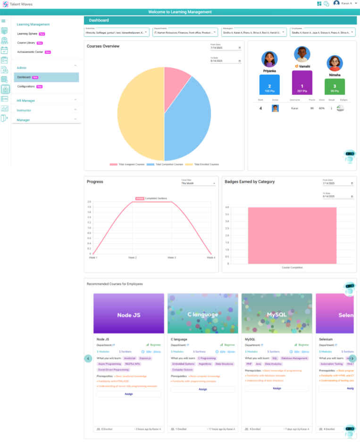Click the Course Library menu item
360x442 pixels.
click(27, 42)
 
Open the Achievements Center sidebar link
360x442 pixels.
click(30, 51)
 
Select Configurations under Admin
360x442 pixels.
click(26, 86)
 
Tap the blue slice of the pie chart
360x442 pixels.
click(189, 118)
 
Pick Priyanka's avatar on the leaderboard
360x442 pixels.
click(269, 59)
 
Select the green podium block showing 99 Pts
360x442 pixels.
click(335, 87)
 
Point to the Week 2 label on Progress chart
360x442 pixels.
click(132, 257)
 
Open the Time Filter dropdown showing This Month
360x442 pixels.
click(198, 183)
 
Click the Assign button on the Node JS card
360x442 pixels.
click(128, 394)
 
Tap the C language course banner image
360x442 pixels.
click(203, 314)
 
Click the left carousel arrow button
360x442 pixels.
click(88, 358)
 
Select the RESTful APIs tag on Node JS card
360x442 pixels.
click(132, 364)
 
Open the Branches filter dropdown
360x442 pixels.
click(117, 33)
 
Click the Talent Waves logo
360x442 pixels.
click(6, 4)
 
